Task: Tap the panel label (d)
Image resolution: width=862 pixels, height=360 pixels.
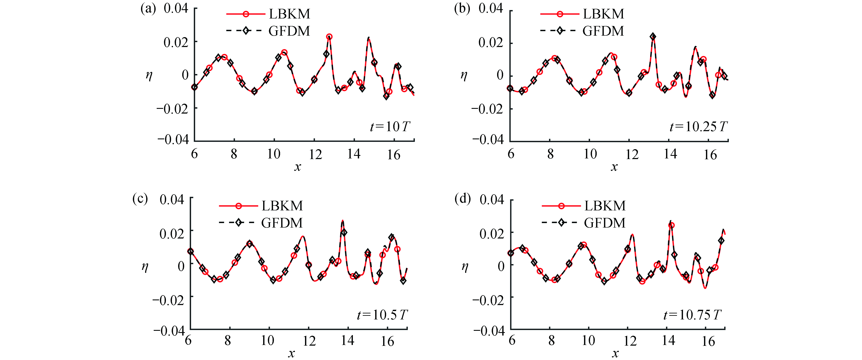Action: pos(463,199)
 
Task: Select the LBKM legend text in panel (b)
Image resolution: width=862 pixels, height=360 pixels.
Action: pos(603,14)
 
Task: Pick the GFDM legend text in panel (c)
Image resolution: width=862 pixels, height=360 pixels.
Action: pos(282,223)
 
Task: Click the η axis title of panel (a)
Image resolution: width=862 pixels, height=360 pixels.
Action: pos(149,75)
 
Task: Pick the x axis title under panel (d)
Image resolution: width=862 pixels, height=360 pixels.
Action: pos(615,353)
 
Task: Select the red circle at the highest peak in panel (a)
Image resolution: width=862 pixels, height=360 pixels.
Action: pos(329,37)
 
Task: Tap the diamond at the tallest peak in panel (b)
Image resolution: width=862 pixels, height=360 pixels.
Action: pos(653,36)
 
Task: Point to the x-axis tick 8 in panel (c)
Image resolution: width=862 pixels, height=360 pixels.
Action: pos(228,341)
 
